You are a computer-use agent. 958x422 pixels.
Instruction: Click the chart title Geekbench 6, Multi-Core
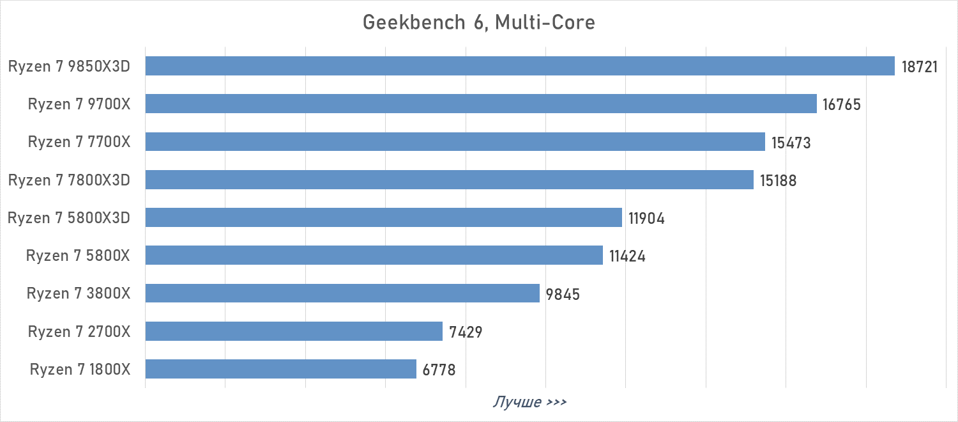[479, 22]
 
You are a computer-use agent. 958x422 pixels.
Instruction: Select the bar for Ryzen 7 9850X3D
[520, 66]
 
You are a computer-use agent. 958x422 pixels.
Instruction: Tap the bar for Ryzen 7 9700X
[481, 104]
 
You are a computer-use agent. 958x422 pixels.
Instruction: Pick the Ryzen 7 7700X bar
[455, 142]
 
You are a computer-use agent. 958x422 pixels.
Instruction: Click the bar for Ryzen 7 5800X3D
[383, 217]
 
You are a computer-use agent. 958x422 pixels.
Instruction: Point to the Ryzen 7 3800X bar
[342, 293]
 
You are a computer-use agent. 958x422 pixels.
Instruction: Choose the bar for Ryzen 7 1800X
[281, 369]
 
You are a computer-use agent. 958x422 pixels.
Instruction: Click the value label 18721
[920, 66]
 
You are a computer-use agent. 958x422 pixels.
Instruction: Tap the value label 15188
[778, 180]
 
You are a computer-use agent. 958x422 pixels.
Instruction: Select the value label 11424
[627, 256]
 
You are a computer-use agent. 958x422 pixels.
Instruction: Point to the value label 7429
[466, 332]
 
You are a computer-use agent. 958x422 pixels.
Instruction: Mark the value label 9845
[563, 294]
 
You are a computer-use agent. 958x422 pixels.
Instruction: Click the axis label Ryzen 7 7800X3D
[69, 180]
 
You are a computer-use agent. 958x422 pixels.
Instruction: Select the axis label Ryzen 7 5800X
[78, 256]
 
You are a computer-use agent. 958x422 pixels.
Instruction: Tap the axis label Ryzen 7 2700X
[79, 332]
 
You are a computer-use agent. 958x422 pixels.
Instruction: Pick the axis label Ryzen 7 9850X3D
[69, 66]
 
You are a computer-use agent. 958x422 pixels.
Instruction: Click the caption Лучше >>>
[529, 402]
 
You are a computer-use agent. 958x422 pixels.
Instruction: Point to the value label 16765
[842, 104]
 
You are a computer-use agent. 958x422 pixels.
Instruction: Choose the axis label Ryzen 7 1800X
[80, 370]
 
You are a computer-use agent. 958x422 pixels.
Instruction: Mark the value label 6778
[439, 370]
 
